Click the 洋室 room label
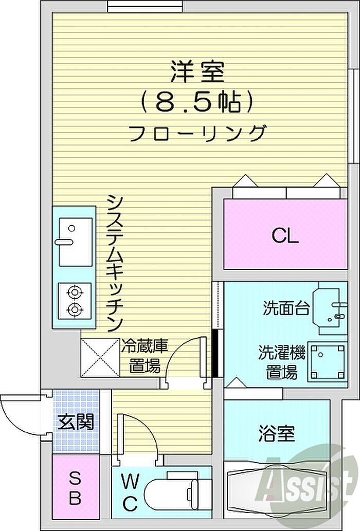pyautogui.click(x=197, y=71)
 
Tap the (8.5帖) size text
pyautogui.click(x=197, y=102)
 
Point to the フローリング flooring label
pyautogui.click(x=197, y=134)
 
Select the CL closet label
pyautogui.click(x=285, y=236)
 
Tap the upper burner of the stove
pyautogui.click(x=75, y=292)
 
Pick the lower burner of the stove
pyautogui.click(x=75, y=309)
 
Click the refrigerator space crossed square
pyautogui.click(x=100, y=357)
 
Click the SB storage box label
pyautogui.click(x=75, y=489)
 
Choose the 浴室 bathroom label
pyautogui.click(x=277, y=433)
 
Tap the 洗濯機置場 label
pyautogui.click(x=282, y=362)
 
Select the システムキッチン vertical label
pyautogui.click(x=115, y=263)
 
